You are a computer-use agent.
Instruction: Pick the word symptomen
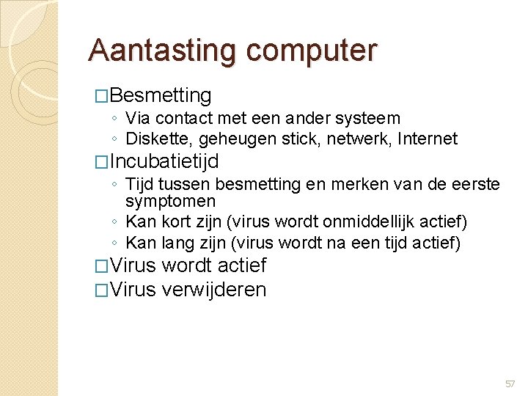click(170, 201)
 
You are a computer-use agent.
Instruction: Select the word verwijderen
click(213, 290)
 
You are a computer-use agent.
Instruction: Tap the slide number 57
click(510, 384)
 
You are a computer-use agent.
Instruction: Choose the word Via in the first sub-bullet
click(136, 118)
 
